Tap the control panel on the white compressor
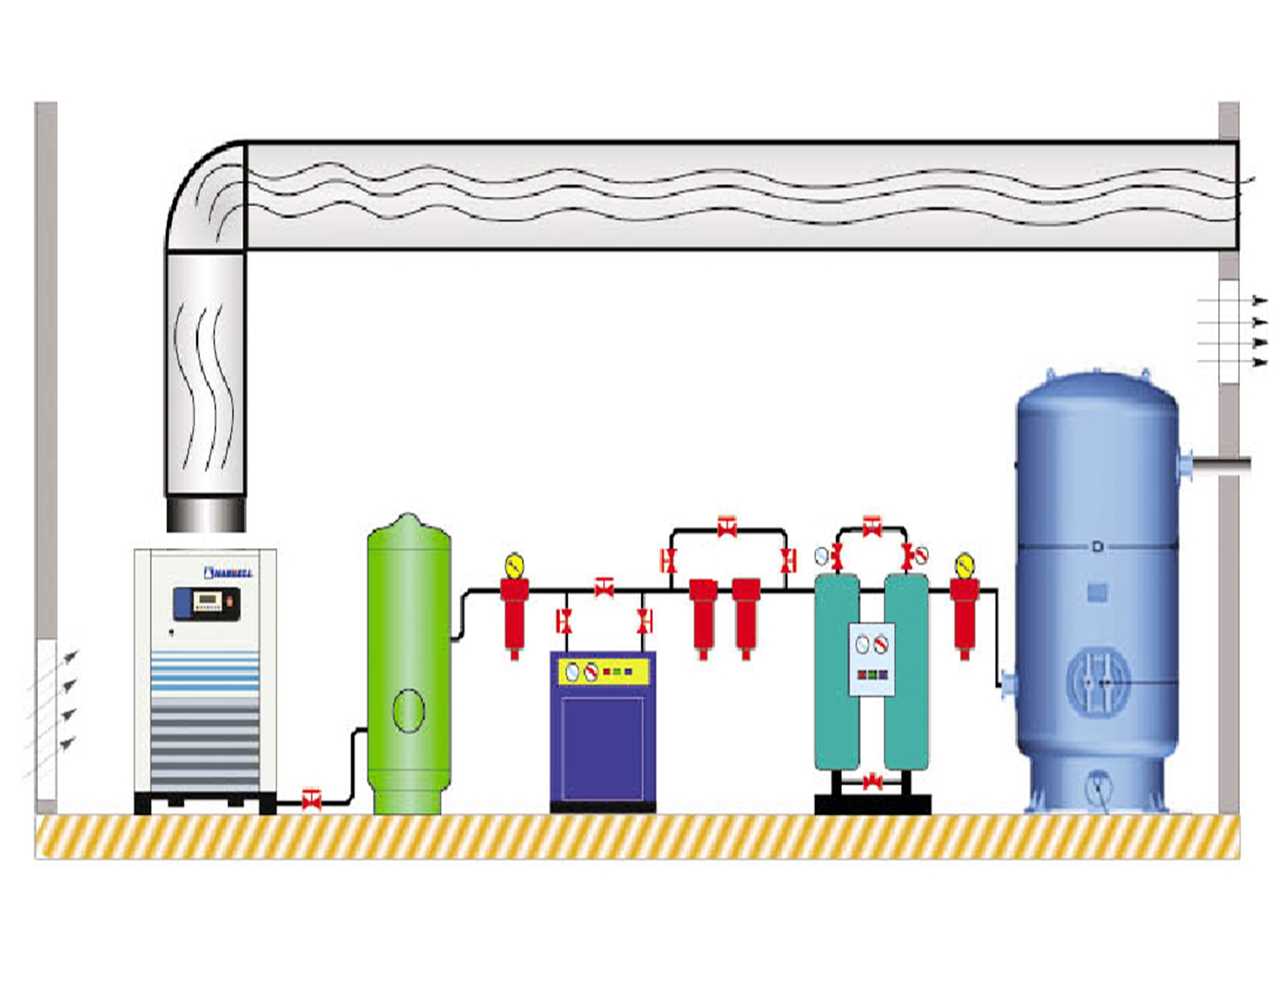207,603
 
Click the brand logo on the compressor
228,572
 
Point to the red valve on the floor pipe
311,800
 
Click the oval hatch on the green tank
408,711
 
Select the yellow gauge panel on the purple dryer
603,672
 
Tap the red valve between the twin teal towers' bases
873,782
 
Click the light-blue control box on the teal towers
872,659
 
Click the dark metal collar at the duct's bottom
205,514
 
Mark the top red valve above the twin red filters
727,526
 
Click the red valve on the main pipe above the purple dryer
604,587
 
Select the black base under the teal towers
872,804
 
